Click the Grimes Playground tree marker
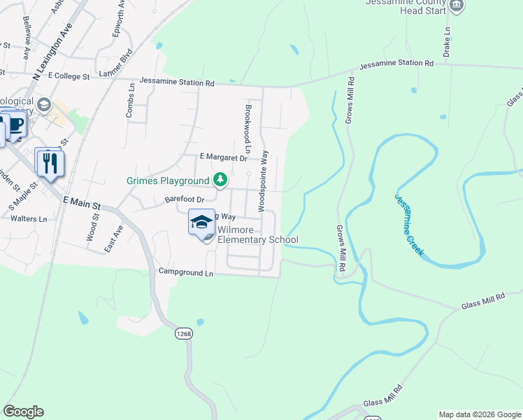220,181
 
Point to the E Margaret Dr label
224,158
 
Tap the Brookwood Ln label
248,129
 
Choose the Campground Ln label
185,272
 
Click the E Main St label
82,204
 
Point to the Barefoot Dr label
182,199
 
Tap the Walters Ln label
29,219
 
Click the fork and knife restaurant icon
49,164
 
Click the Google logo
23,412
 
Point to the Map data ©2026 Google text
479,414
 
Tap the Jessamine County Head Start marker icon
456,6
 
